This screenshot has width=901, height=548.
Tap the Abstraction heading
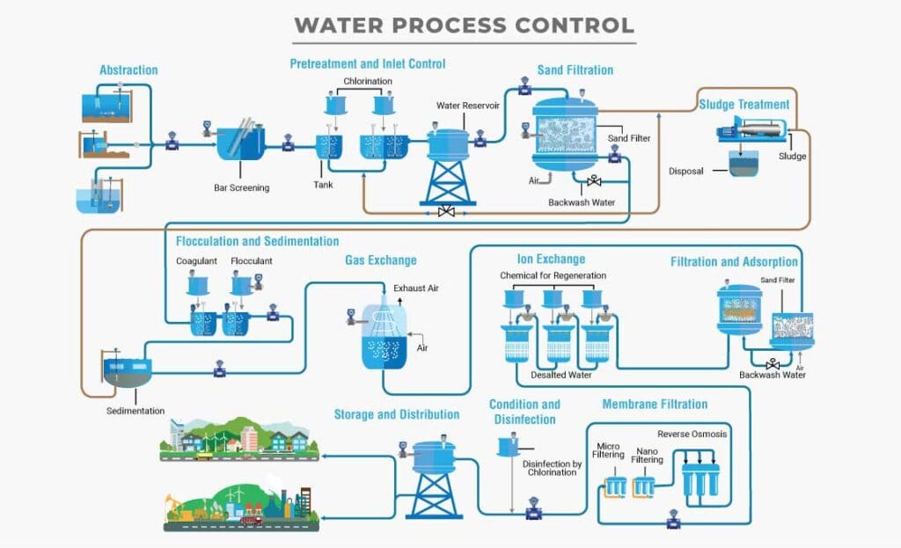pos(128,70)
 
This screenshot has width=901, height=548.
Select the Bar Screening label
pos(241,187)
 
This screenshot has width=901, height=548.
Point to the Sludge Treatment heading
pos(744,105)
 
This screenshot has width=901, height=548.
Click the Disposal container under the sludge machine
pos(744,164)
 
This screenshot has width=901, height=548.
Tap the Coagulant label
pos(196,261)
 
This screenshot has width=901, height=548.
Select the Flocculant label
pos(252,261)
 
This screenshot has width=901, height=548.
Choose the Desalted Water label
pos(560,376)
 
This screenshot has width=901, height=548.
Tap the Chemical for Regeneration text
pos(553,276)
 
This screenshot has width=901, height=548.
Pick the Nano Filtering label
pos(648,454)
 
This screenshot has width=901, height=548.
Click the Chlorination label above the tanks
pos(368,82)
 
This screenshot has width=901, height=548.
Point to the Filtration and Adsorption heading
pos(734,262)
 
